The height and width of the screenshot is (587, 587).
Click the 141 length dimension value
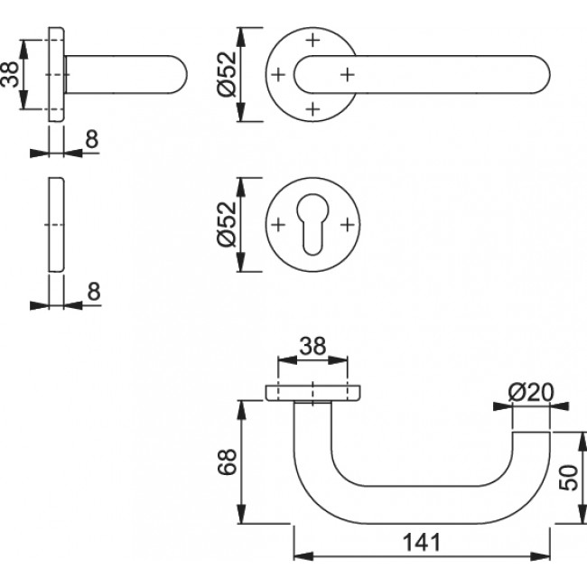tap(421, 542)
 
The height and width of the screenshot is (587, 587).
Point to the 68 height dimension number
tap(228, 461)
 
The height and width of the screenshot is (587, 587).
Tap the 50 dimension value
tap(568, 478)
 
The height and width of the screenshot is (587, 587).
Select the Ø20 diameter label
tap(531, 393)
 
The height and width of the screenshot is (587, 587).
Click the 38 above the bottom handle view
tap(312, 346)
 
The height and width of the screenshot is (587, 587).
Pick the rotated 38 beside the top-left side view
tap(10, 74)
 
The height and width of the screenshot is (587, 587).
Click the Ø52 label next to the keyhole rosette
tap(227, 224)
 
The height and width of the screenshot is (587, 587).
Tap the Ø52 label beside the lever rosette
tap(227, 74)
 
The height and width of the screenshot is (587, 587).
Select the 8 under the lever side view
tap(92, 139)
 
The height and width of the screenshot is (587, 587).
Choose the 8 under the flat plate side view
tap(94, 292)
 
